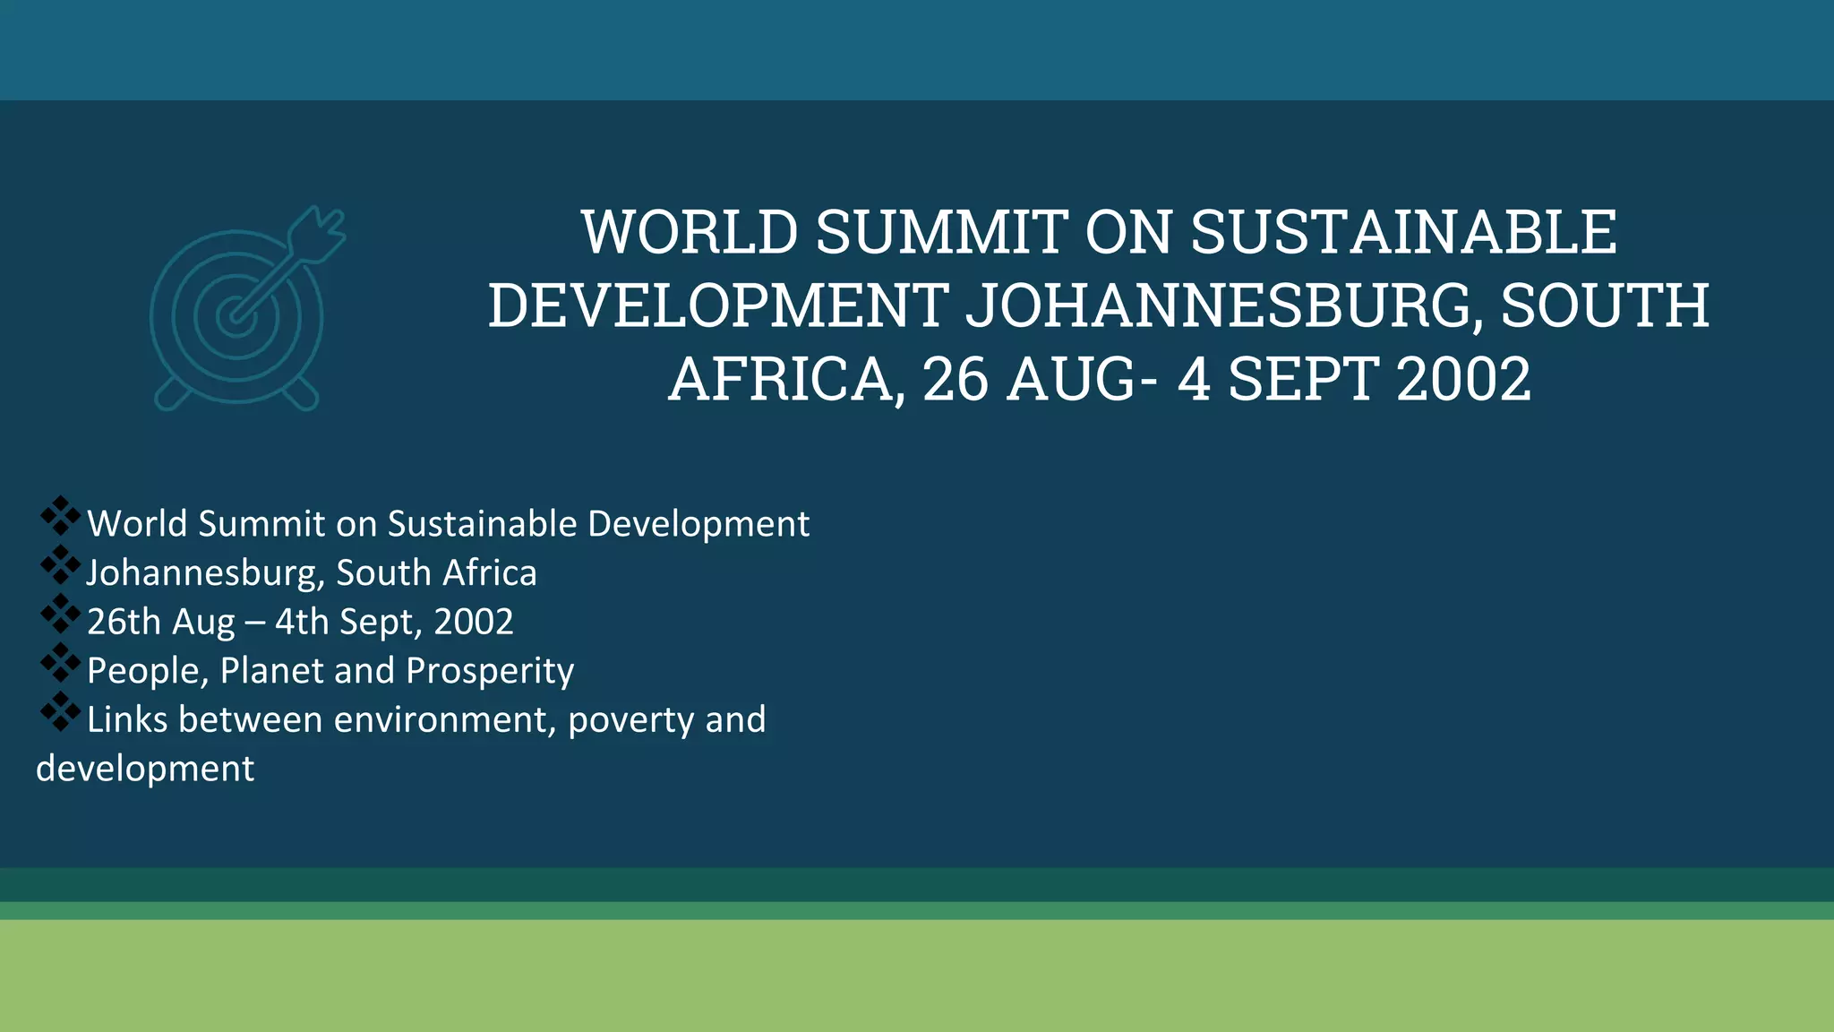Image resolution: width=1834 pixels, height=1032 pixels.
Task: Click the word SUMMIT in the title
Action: [941, 232]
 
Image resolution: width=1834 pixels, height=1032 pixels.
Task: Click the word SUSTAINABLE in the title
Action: [1403, 232]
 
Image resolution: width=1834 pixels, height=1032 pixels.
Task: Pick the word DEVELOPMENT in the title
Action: [718, 305]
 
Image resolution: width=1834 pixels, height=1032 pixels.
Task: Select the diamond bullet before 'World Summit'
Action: [60, 516]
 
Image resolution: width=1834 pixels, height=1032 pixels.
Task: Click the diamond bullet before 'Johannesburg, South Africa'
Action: [60, 565]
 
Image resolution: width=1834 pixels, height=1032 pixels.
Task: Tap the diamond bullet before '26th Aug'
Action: [60, 614]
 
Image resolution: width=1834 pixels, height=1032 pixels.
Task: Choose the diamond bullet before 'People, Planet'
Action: [60, 663]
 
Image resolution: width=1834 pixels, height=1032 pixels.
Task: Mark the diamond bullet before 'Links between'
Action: [60, 712]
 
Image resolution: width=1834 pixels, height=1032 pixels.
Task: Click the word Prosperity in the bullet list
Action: [490, 671]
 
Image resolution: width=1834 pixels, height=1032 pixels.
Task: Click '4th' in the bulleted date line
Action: [302, 622]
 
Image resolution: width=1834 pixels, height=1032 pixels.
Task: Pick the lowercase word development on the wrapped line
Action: [145, 770]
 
